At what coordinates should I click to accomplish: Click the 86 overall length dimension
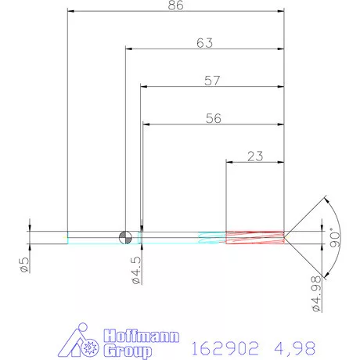(175, 5)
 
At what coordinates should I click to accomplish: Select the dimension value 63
(204, 44)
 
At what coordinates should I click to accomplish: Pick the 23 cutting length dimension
(254, 156)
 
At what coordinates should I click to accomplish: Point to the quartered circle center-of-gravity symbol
(124, 236)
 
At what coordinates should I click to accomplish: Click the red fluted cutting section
(254, 236)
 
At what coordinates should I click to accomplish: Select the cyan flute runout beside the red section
(211, 236)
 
